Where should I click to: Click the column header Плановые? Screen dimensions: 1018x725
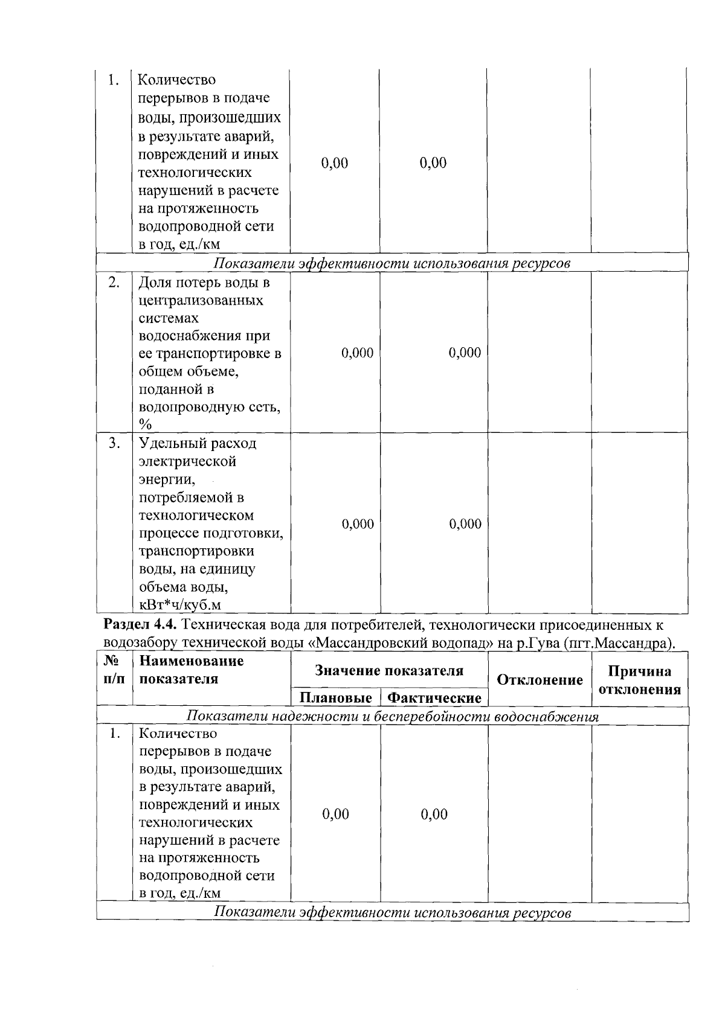(335, 698)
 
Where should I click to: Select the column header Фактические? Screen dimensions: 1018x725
(434, 698)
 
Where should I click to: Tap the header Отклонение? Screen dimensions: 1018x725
(540, 680)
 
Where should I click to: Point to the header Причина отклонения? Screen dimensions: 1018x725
(639, 680)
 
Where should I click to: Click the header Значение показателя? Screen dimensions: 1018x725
(389, 671)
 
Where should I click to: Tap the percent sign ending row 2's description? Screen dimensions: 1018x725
(145, 424)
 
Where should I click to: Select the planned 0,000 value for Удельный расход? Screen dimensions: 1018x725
(358, 524)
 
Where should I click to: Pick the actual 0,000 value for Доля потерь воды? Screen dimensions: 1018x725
(465, 353)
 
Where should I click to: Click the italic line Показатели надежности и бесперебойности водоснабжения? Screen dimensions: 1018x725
(392, 717)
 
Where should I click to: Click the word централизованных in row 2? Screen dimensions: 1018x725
(201, 300)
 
